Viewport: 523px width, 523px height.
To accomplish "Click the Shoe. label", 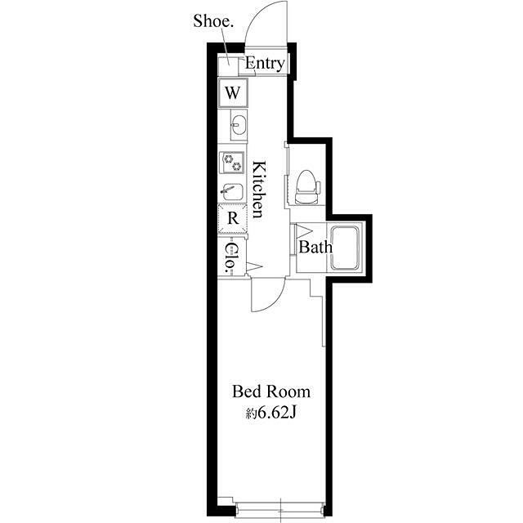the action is [212, 22].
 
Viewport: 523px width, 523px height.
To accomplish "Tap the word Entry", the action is [265, 64].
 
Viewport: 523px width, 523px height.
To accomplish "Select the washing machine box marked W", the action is [233, 93].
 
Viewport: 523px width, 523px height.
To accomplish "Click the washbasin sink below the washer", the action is [239, 125].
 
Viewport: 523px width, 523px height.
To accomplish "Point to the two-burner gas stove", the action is [232, 163].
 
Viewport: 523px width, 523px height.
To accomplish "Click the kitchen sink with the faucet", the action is [232, 192].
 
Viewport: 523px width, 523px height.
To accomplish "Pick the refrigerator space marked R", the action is [233, 219].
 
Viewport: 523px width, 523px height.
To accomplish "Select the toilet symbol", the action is [307, 187].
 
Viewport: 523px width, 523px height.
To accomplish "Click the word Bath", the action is [315, 247].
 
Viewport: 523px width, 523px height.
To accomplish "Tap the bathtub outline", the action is [345, 248].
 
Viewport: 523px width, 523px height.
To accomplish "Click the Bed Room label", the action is [271, 392].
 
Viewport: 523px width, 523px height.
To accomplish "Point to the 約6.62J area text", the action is [271, 414].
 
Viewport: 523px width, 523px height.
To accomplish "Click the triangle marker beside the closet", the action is [254, 266].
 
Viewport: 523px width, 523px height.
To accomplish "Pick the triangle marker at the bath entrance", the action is [303, 230].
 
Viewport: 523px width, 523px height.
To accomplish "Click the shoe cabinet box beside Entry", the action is [228, 67].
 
